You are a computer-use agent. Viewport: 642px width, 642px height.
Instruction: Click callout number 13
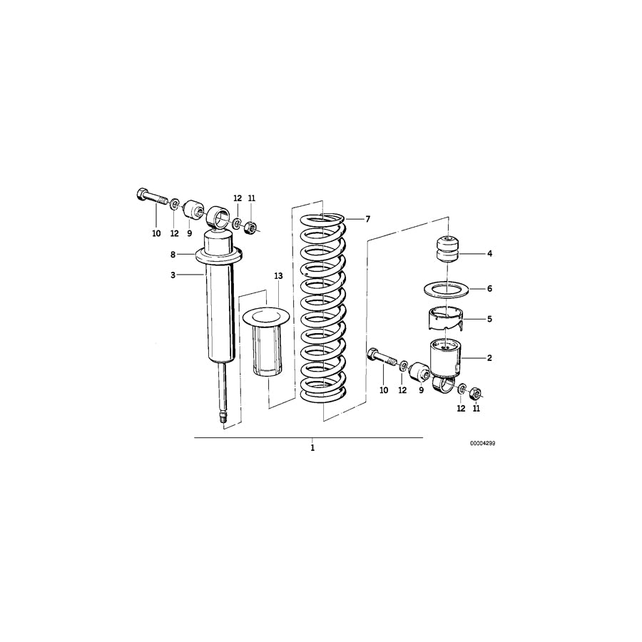click(x=278, y=275)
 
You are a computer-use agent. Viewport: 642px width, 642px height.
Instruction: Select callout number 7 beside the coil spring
click(x=368, y=219)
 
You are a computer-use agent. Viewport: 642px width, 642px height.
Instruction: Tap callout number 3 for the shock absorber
click(x=173, y=275)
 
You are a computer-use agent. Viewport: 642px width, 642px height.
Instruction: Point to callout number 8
click(x=173, y=254)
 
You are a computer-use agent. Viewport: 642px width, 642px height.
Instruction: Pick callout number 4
click(x=489, y=253)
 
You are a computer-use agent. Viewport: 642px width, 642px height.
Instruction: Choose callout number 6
click(x=489, y=289)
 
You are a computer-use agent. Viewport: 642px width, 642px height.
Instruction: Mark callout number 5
click(x=489, y=319)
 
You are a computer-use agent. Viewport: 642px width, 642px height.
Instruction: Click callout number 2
click(x=489, y=358)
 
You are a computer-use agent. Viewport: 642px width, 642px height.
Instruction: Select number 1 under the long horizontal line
click(x=312, y=449)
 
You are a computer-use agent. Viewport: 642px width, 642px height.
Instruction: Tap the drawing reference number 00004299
click(x=482, y=443)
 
